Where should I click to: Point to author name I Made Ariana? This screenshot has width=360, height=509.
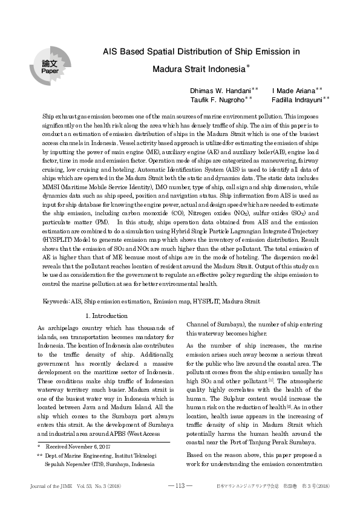pos(293,89)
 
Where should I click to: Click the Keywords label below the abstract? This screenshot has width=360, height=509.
pos(56,300)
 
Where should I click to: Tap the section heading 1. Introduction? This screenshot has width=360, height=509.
pos(106,316)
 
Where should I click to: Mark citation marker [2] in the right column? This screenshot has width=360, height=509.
pos(306,408)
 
